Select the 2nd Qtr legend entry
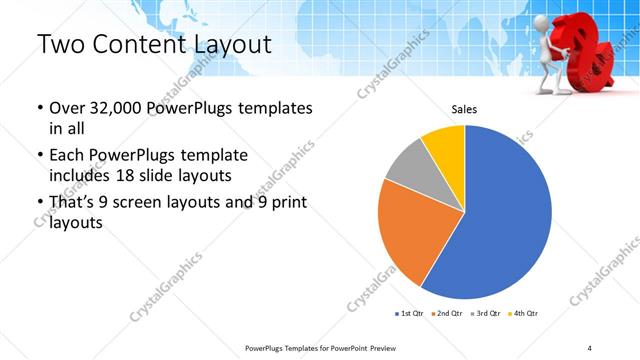coord(445,314)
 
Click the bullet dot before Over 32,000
coord(39,108)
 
